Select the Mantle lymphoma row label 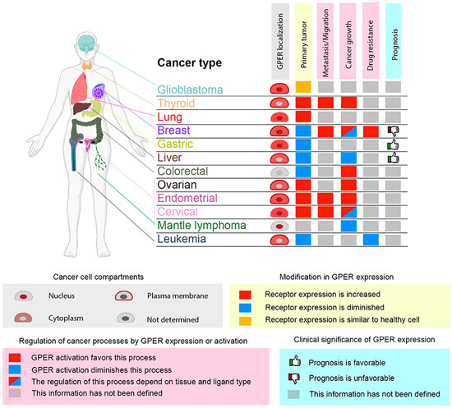coord(203,226)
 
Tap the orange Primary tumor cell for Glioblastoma coord(302,87)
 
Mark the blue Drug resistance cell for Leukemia coord(370,240)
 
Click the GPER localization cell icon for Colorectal coord(280,171)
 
